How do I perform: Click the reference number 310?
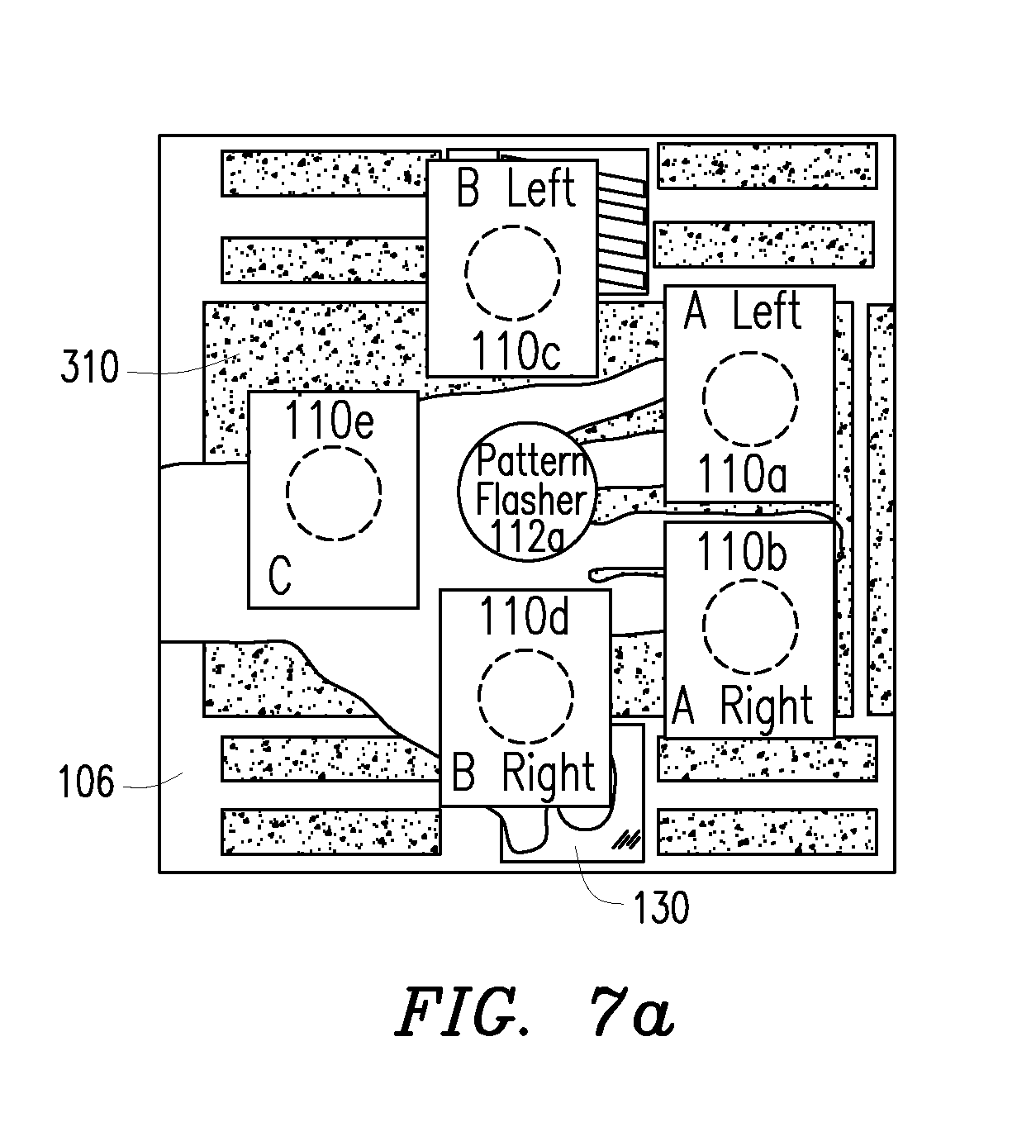pyautogui.click(x=90, y=366)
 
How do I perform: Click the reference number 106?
pyautogui.click(x=87, y=782)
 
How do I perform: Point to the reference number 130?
pyautogui.click(x=661, y=907)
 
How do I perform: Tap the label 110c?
pyautogui.click(x=516, y=351)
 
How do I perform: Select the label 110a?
pyautogui.click(x=743, y=474)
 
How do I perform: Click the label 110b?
pyautogui.click(x=743, y=552)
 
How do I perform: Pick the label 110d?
pyautogui.click(x=525, y=616)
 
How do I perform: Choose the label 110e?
pyautogui.click(x=330, y=420)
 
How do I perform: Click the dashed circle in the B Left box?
pyautogui.click(x=512, y=273)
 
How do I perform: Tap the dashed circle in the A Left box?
pyautogui.click(x=750, y=398)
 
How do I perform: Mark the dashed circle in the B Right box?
pyautogui.click(x=526, y=697)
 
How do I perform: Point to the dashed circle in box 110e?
pyautogui.click(x=334, y=493)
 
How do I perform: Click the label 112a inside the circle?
pyautogui.click(x=527, y=536)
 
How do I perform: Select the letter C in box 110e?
pyautogui.click(x=280, y=575)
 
